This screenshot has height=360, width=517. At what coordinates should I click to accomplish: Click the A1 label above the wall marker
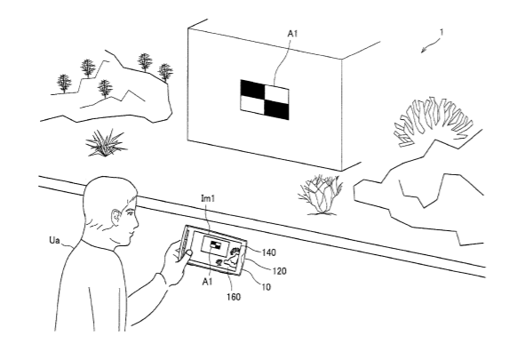[292, 34]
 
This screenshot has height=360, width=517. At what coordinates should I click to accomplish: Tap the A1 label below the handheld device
[207, 282]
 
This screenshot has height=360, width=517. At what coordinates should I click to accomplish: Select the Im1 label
[208, 198]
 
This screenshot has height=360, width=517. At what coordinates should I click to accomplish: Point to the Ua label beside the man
[54, 241]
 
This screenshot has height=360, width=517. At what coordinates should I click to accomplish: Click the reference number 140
[269, 252]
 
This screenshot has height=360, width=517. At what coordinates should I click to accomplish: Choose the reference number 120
[279, 271]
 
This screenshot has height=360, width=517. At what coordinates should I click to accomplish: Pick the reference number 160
[234, 297]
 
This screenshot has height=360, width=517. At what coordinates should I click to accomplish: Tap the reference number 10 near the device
[266, 287]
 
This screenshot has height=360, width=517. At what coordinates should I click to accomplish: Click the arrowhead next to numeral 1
[424, 51]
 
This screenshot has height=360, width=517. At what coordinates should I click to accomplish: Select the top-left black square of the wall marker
[253, 88]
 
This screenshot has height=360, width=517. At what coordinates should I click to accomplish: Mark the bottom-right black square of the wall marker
[276, 109]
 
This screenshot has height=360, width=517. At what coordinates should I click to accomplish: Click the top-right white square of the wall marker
[277, 93]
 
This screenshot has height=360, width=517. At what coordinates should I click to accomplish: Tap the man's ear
[116, 218]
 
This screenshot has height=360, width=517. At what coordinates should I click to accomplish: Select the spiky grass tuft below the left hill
[106, 143]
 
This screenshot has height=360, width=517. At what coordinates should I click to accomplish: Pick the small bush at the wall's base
[320, 195]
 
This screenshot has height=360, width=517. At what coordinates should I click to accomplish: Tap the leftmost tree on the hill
[64, 84]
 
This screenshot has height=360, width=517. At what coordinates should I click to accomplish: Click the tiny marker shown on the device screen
[216, 245]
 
